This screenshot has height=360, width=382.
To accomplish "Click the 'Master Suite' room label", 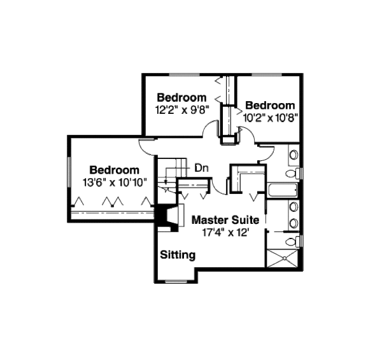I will click(225, 220).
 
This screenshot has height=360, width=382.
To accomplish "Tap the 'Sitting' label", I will click(178, 255).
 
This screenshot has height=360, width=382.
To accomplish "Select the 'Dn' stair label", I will click(201, 168).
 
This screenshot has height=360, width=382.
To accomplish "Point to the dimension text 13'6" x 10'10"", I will click(115, 181).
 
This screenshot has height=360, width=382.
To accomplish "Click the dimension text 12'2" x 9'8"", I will click(181, 109).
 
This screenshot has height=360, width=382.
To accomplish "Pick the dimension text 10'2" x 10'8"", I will click(271, 116).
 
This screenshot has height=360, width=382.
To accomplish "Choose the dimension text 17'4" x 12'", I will click(225, 232).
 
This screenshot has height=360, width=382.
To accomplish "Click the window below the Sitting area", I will click(173, 280).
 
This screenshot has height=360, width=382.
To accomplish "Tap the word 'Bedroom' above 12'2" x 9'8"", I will click(181, 97).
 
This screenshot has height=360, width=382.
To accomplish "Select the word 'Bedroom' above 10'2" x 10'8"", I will click(271, 105).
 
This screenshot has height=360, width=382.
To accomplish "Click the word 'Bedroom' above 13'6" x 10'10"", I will click(115, 170).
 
